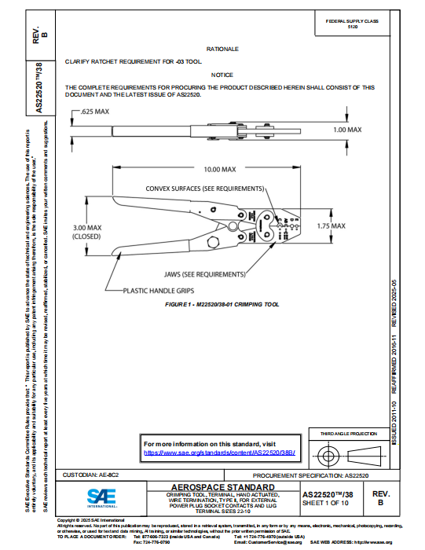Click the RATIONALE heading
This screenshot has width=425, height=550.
(222, 49)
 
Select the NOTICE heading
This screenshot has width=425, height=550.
(222, 75)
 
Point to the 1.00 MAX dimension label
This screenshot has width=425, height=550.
(346, 129)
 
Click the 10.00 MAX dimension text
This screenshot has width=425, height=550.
(220, 169)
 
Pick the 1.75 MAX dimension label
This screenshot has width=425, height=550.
(330, 225)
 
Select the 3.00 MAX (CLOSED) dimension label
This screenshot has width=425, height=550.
(87, 231)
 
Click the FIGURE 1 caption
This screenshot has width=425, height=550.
(222, 303)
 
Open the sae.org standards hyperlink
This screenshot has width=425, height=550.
(207, 453)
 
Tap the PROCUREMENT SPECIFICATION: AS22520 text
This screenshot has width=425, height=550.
(324, 476)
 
